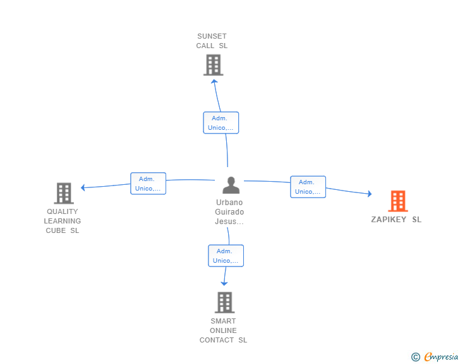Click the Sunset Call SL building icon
[214, 65]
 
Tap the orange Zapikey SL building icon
[397, 201]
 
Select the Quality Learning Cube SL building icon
[63, 193]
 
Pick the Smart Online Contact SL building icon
[224, 303]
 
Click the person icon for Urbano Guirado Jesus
[231, 185]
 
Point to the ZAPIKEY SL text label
[396, 220]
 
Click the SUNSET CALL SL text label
[212, 41]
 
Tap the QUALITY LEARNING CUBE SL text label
[63, 221]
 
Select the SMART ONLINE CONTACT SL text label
[223, 330]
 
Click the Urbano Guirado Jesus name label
[229, 212]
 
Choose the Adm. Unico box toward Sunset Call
[221, 123]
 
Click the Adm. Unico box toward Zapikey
[308, 187]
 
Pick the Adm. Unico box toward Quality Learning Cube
[148, 184]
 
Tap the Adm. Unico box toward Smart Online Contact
[226, 256]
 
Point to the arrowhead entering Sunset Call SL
[214, 80]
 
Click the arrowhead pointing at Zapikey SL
[369, 194]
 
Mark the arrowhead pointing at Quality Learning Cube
[83, 187]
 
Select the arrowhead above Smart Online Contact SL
[224, 283]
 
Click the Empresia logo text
[441, 357]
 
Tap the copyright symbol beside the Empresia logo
[415, 357]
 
